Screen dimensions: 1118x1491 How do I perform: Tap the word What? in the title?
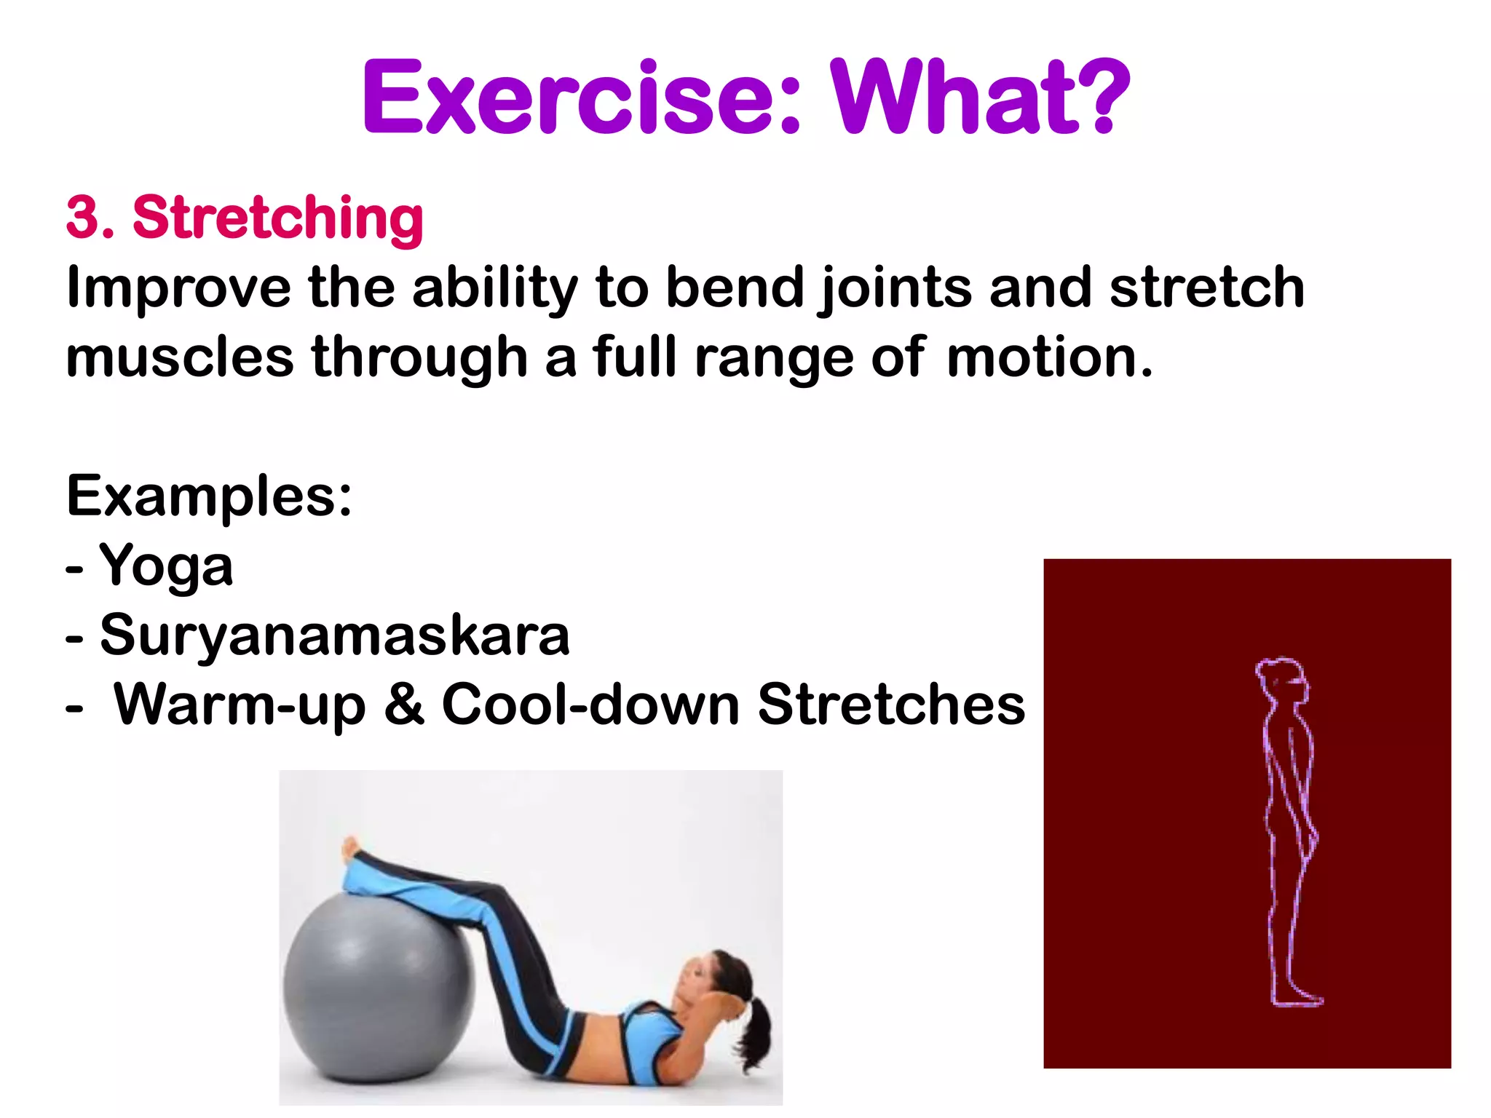980,98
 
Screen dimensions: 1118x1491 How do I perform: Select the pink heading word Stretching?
277,218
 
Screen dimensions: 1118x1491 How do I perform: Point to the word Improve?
178,288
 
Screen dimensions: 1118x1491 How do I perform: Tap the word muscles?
179,358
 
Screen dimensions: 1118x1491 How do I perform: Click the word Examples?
209,496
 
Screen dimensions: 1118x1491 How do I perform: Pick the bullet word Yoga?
166,566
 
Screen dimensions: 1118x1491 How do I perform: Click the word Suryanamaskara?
334,635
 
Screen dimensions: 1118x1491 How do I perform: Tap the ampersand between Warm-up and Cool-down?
404,705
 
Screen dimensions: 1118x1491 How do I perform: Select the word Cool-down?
590,705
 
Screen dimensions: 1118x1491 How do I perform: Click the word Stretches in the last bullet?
890,705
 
